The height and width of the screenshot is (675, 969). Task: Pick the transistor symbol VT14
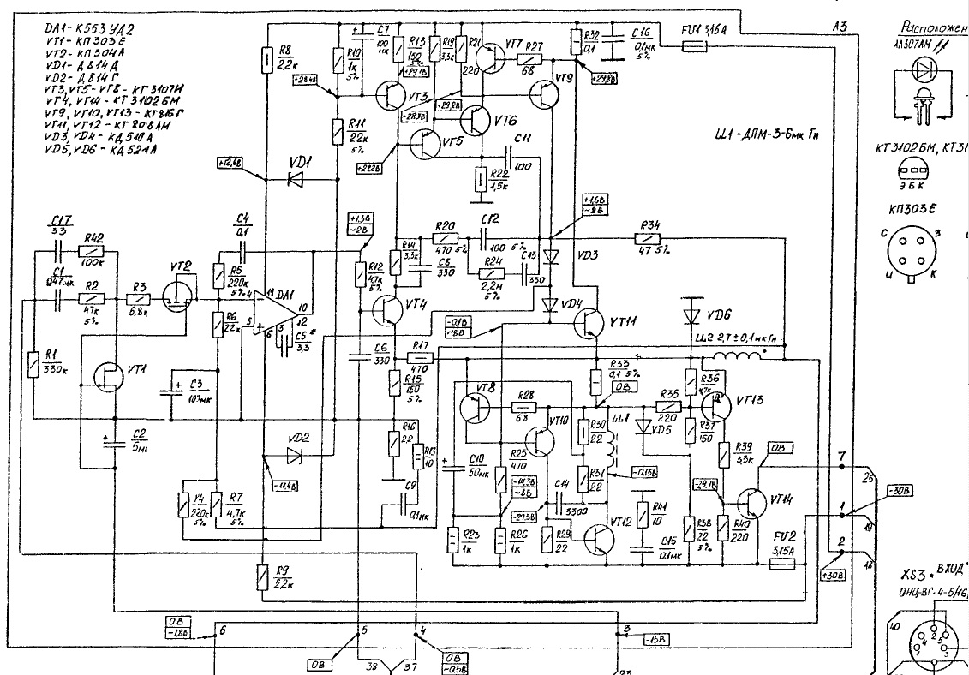[x=753, y=505]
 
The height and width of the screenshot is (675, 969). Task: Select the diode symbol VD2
[x=296, y=453]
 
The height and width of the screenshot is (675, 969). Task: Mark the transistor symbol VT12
[x=599, y=538]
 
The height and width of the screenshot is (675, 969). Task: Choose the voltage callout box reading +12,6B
[x=230, y=162]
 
